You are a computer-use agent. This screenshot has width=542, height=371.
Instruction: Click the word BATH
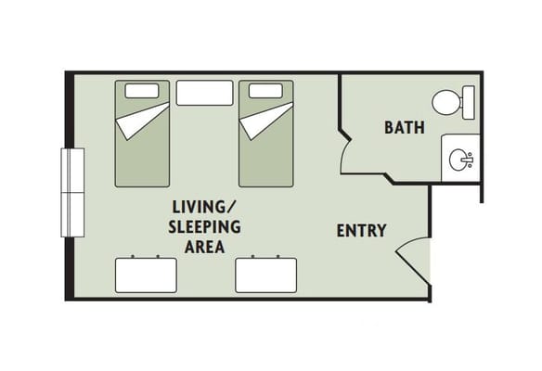coord(405,128)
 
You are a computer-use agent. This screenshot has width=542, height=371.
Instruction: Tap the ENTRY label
coord(361,231)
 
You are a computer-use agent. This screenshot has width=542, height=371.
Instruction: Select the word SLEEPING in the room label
coord(204,226)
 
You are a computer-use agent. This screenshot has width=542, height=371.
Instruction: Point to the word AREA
coord(203,247)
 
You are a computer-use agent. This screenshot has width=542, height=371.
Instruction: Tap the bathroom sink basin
coord(459,160)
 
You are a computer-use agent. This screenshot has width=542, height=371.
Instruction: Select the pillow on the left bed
coord(141,92)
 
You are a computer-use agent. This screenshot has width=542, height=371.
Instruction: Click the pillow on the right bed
coord(265,92)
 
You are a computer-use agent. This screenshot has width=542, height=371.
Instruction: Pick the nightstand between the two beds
coord(203,93)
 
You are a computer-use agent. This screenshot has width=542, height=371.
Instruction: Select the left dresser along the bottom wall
coord(145,275)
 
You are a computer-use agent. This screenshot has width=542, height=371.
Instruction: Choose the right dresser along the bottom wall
coord(265,275)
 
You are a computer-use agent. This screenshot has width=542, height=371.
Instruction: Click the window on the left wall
coord(71,192)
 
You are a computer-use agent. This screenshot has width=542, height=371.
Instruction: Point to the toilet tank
coord(468,102)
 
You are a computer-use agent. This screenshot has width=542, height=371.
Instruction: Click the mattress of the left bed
coord(142,153)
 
